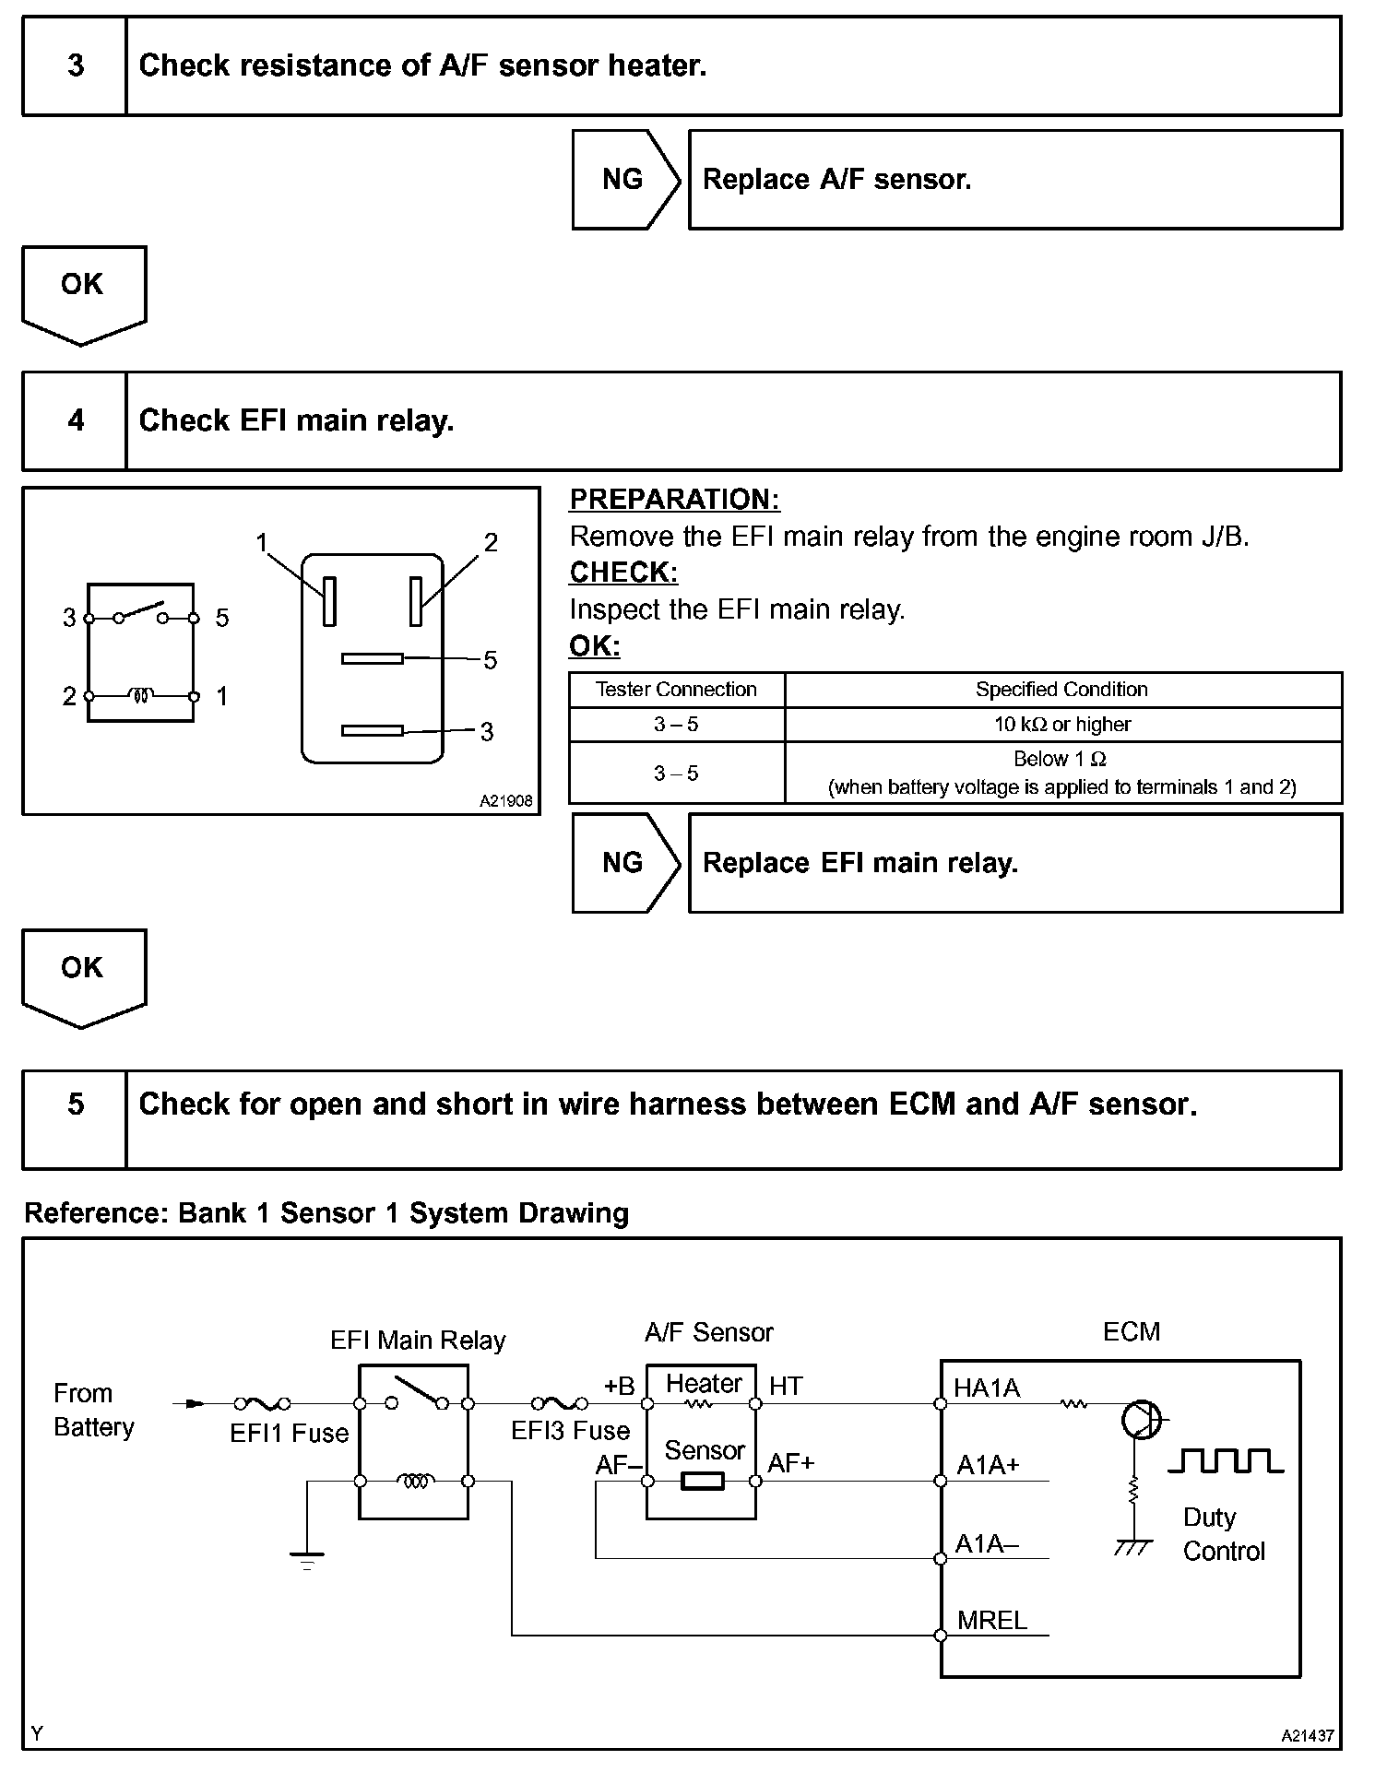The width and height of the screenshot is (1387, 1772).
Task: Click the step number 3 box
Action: coord(75,65)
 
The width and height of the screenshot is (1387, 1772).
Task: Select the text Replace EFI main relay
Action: coord(859,863)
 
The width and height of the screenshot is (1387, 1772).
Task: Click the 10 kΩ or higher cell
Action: coord(1061,725)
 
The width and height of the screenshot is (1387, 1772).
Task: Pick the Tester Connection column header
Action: coord(676,690)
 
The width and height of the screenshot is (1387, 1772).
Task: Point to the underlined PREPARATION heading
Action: coord(674,500)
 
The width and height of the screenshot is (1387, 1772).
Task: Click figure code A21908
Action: coord(505,801)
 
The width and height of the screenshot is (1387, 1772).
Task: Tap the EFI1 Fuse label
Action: coord(289,1433)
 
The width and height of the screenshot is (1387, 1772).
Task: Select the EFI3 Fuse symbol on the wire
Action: coord(559,1403)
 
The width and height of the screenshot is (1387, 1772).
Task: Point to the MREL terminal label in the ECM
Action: coord(991,1621)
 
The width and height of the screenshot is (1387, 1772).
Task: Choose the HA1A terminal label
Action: coord(987,1388)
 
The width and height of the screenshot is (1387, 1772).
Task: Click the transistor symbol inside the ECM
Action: coord(1141,1420)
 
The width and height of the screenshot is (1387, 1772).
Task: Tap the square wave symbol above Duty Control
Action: coord(1225,1461)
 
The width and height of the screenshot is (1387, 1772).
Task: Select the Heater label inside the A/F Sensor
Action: coord(704,1384)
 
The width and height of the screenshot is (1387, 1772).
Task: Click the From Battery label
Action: coord(93,1410)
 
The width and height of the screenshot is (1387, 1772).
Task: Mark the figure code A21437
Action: coord(1307,1736)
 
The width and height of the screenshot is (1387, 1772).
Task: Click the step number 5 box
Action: coord(75,1105)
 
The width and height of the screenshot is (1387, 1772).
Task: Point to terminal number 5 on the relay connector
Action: coord(490,660)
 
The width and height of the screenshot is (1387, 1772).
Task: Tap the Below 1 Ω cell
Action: coord(1061,773)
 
